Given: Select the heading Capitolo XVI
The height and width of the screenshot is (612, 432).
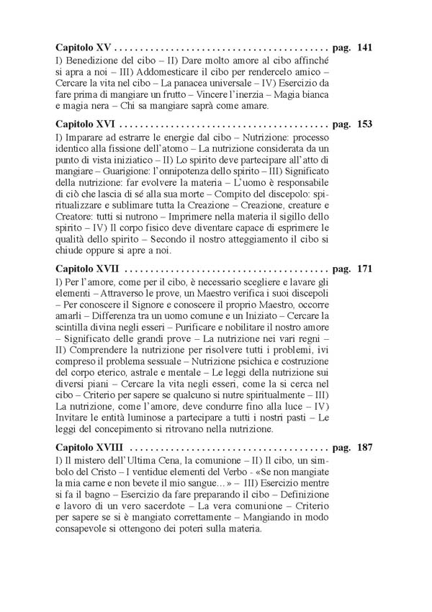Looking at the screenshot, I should pos(86,123).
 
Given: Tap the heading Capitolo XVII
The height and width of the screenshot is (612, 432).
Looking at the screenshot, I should pos(88,268).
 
